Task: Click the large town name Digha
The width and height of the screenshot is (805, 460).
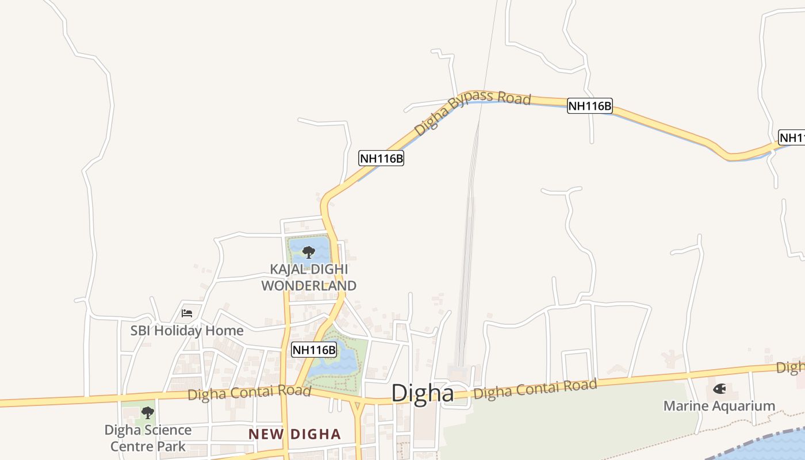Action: point(422,393)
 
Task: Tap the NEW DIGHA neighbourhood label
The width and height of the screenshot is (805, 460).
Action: point(294,434)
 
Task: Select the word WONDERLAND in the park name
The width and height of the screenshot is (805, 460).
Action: point(309,285)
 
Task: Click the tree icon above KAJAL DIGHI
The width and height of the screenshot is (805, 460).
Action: point(309,252)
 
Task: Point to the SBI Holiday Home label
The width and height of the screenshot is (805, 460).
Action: point(187,331)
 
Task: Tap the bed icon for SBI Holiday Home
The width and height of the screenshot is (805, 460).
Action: point(187,313)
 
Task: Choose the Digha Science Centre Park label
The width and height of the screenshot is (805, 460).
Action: point(148,438)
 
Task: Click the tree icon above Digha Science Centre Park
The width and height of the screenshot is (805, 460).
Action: point(148,412)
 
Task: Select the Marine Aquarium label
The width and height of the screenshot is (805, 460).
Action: point(719,406)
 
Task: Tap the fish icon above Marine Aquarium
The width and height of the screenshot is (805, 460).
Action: point(719,389)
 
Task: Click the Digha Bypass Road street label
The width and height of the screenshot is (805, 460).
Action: point(471,113)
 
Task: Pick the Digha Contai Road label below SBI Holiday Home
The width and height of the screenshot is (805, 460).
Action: point(249,394)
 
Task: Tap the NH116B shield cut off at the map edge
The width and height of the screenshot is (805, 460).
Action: point(792,137)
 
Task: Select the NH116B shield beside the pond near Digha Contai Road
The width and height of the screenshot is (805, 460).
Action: point(314,350)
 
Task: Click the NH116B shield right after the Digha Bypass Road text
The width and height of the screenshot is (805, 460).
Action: point(590,106)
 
